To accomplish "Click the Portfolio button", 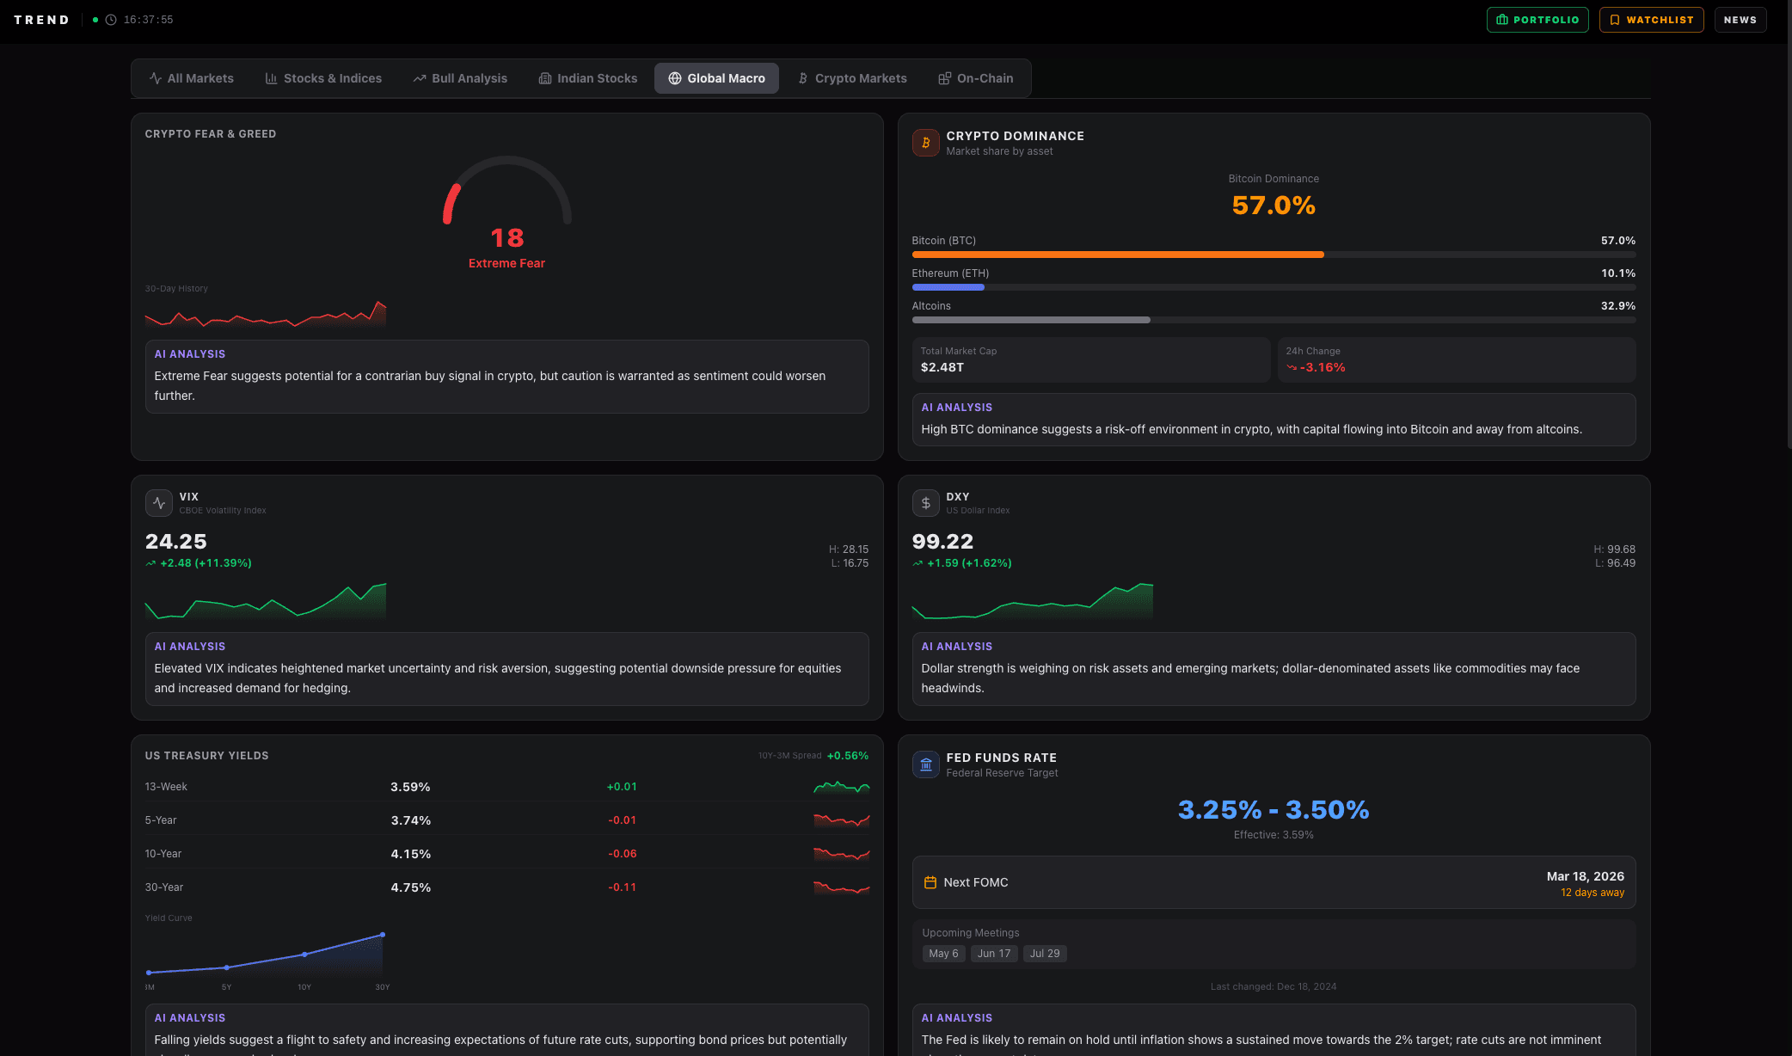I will click(x=1537, y=20).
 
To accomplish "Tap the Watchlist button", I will click(x=1650, y=20).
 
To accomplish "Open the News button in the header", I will click(x=1740, y=20).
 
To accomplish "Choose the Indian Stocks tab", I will click(x=588, y=78).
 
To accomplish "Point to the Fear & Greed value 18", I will click(x=506, y=237).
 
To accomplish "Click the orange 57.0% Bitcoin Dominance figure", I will click(x=1273, y=206).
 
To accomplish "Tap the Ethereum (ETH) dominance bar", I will click(x=948, y=287).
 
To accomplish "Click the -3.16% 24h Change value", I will click(x=1322, y=367).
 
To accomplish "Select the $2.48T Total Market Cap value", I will click(x=942, y=367).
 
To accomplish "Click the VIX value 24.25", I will click(x=175, y=542).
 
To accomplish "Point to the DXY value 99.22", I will click(x=942, y=542).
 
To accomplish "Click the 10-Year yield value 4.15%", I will click(x=410, y=854).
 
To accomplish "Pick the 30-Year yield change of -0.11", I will click(x=622, y=887).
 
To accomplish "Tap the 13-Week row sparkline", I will click(x=841, y=787).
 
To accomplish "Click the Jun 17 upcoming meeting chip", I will click(x=993, y=954).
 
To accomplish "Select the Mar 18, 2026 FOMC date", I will click(x=1585, y=876).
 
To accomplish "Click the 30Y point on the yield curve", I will click(x=383, y=935).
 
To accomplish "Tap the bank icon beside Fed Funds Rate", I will click(x=925, y=764).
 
